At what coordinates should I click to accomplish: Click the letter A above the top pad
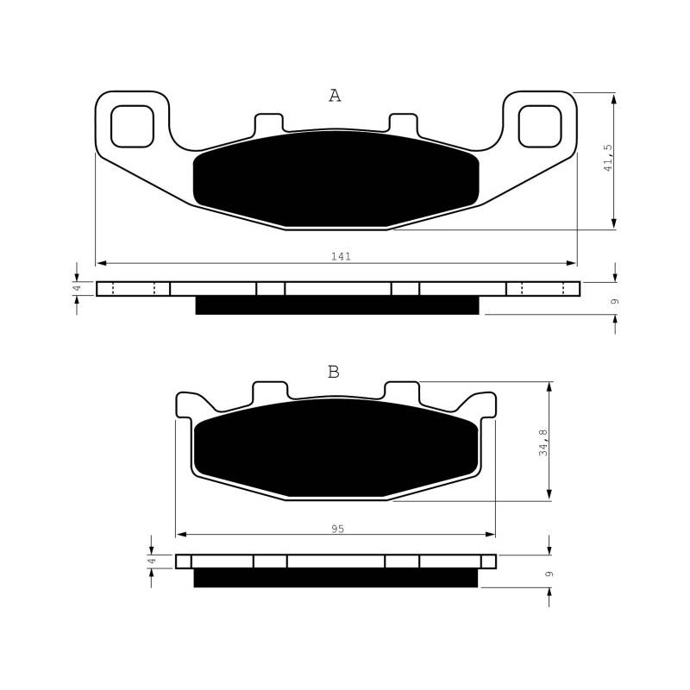pos(335,96)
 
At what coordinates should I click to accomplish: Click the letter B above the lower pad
pos(334,373)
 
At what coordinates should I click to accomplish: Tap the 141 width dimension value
pos(341,256)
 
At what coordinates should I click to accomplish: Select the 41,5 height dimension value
pos(608,157)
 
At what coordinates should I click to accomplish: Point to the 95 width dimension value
pos(337,529)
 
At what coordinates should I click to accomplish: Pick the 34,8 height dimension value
pos(544,442)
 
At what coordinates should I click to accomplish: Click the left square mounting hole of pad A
pos(132,126)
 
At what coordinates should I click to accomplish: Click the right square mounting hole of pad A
pos(540,126)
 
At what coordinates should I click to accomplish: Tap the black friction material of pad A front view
pos(336,179)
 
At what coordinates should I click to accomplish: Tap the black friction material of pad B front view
pos(336,448)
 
